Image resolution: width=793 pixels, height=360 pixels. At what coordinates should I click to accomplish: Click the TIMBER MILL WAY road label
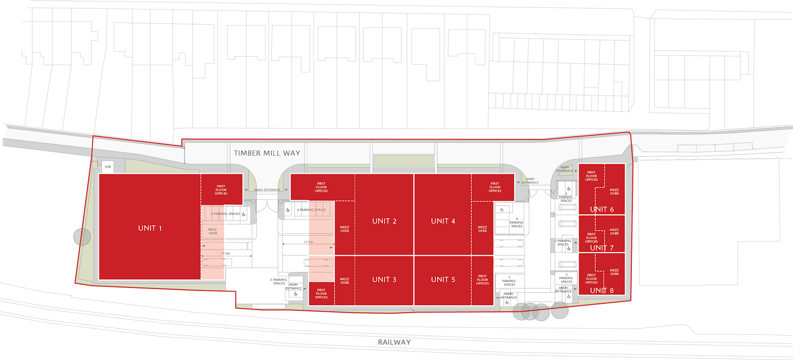coord(267,153)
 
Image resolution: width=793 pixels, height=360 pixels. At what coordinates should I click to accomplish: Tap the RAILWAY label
coord(395,342)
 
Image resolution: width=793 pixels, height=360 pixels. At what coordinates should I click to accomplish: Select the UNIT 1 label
coord(150,228)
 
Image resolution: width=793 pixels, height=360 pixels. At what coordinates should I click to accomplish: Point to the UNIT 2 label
coord(384,221)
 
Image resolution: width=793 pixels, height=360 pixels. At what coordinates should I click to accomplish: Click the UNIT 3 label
coord(384,280)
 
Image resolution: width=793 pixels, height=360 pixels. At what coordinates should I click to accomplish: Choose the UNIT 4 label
coord(443,221)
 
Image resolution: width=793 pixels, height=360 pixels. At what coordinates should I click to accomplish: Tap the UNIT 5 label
coord(443,280)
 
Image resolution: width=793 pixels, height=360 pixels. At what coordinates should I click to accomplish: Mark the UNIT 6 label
coord(602,209)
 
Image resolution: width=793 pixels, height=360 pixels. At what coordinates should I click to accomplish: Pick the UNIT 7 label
coord(602,248)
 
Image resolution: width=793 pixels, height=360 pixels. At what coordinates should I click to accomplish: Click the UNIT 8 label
coord(602,291)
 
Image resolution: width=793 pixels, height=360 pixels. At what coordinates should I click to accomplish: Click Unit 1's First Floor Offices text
coord(221,190)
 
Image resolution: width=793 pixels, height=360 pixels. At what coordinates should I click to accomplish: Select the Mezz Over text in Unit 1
coord(213,232)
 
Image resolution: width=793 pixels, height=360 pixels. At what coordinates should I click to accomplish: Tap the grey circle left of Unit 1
coord(82,237)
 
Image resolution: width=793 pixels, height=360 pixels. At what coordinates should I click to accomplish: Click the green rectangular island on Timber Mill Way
coord(403,161)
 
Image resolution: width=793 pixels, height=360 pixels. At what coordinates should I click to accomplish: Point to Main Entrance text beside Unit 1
coord(267,190)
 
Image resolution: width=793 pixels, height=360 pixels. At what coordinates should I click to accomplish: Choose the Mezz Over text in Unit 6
coord(614,191)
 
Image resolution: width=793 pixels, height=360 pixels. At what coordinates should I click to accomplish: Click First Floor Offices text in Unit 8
coord(591,279)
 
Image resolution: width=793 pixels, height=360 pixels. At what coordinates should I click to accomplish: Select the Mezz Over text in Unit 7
coord(614,232)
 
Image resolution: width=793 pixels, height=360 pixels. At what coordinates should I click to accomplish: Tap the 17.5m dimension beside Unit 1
coord(225,253)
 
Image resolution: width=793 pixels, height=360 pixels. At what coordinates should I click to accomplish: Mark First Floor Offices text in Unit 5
coord(482,280)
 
